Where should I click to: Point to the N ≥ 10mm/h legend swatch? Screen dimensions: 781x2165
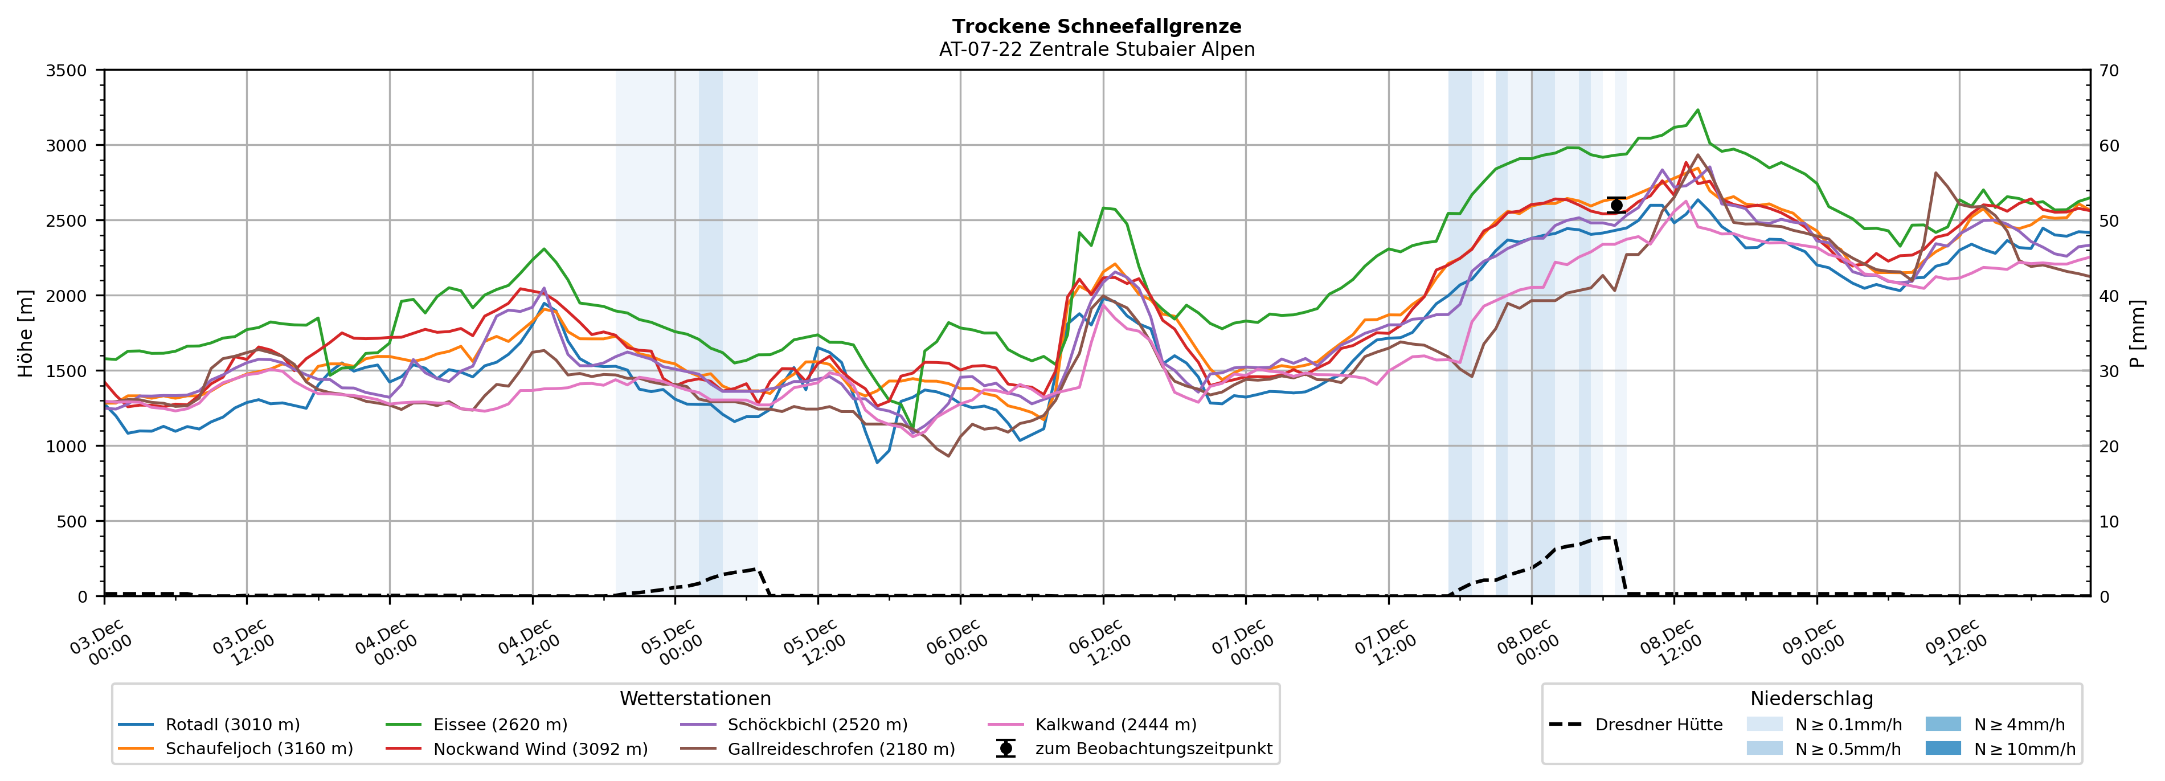pos(1943,748)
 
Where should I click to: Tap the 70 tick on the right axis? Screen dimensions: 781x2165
pos(2110,71)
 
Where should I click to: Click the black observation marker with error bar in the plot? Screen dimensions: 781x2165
pos(1615,205)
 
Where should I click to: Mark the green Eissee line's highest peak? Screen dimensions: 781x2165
pos(1698,110)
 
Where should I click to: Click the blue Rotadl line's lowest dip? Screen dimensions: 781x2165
pos(877,463)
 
